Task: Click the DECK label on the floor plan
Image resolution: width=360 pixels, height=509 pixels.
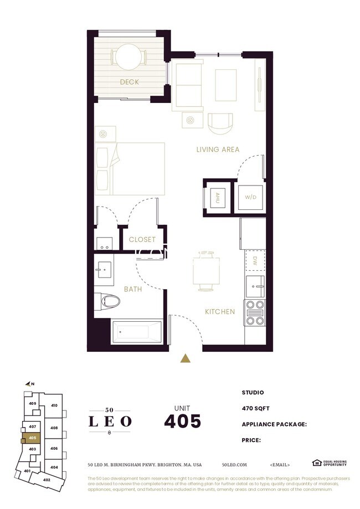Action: coord(129,83)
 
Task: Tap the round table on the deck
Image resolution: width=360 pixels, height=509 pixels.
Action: coord(129,56)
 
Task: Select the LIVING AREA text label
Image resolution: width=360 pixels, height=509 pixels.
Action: coord(218,150)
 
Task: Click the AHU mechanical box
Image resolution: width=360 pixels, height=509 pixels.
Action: coord(217,197)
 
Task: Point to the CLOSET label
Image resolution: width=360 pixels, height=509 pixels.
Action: coord(142,240)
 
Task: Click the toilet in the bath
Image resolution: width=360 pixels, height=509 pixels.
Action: coord(110,302)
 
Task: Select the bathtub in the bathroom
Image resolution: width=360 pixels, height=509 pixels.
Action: coord(136,332)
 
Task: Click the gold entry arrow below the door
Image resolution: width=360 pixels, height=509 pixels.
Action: coord(186,358)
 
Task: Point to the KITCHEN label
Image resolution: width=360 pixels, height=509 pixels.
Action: coord(220,312)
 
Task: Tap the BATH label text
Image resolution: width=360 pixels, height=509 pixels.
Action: coord(133,289)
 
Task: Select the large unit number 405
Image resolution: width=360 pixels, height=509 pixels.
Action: coord(182,421)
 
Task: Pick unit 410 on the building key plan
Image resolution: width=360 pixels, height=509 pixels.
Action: coord(54,405)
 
